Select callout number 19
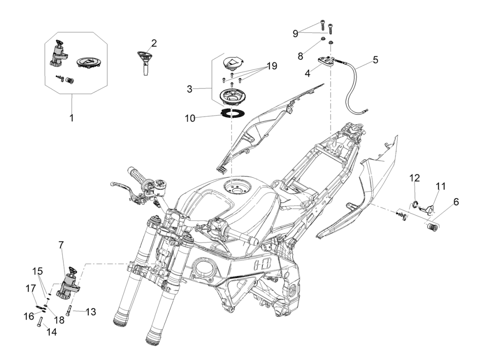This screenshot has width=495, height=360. point(271,66)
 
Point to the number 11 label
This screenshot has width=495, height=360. point(440,185)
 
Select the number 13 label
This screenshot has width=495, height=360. point(90,311)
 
